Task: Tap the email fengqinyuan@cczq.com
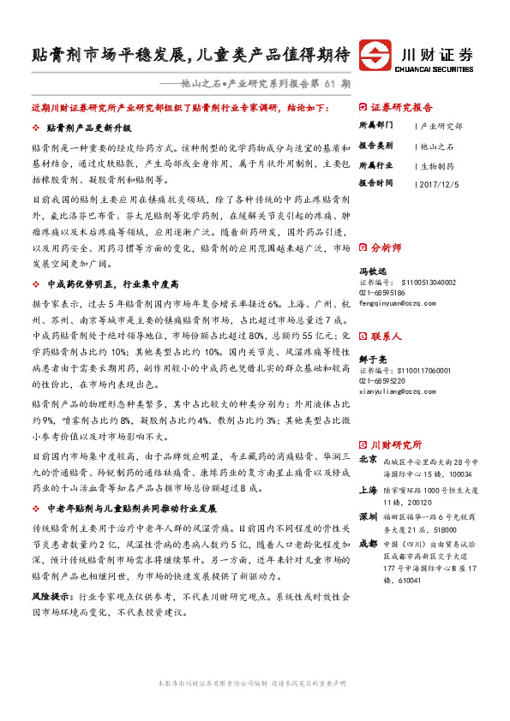393,302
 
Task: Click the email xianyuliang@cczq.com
393,366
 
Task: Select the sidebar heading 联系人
386,313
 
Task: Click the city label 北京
368,459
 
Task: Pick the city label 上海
368,491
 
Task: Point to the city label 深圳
368,518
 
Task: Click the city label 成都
368,543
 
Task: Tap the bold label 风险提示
51,593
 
